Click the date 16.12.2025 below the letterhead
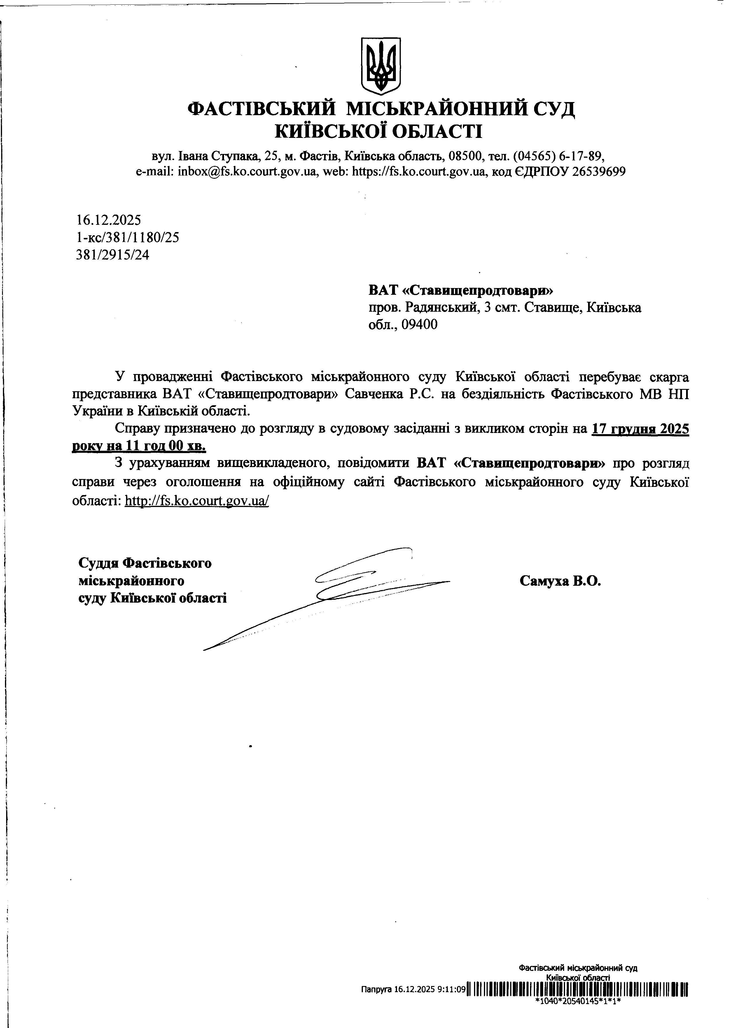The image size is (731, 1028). click(109, 220)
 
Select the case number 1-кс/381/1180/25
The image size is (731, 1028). click(128, 238)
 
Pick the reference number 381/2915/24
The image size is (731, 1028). click(113, 255)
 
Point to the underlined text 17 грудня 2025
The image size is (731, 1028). click(640, 429)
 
